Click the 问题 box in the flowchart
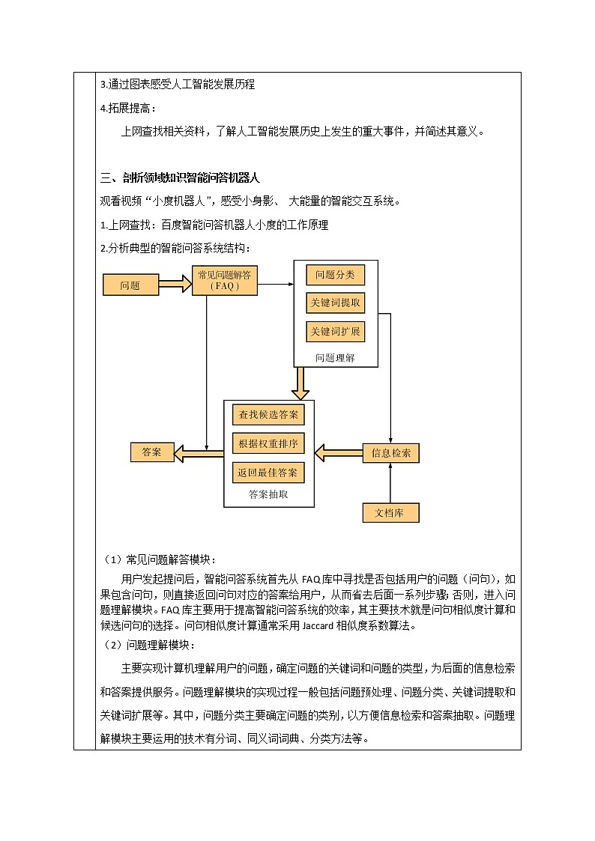point(130,285)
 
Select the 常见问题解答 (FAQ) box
point(225,281)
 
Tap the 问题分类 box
point(335,275)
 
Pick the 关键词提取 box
point(335,303)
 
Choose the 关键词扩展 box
point(335,331)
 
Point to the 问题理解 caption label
point(335,358)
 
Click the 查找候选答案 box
point(268,414)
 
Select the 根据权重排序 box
point(268,443)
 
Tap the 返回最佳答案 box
point(268,473)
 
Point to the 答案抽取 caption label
point(268,495)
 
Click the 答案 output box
point(152,452)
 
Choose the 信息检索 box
point(390,453)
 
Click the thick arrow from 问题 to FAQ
point(175,285)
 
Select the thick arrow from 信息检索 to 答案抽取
point(338,453)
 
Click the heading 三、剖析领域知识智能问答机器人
point(180,178)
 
